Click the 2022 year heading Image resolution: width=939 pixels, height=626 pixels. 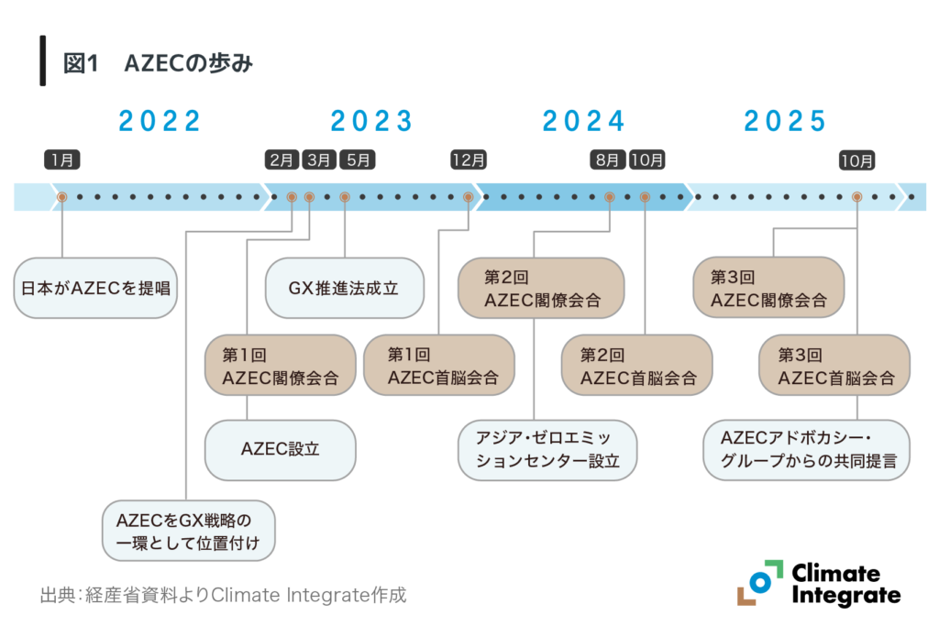(x=160, y=121)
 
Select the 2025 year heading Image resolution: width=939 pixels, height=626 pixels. (x=785, y=121)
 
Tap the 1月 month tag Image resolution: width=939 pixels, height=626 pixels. (x=62, y=159)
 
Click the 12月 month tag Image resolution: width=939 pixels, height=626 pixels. (x=469, y=159)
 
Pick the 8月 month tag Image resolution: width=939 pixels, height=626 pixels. (x=609, y=159)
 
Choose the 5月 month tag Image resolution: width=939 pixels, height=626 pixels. (x=358, y=159)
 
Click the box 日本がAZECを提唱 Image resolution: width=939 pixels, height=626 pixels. (x=95, y=288)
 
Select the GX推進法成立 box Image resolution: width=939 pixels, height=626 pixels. (x=344, y=288)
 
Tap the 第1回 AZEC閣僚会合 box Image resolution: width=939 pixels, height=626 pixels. (x=280, y=365)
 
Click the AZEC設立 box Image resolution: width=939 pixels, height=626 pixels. (x=280, y=450)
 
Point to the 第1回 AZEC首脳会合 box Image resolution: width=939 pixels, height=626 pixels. (x=438, y=365)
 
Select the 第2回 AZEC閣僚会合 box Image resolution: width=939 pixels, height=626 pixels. (x=541, y=288)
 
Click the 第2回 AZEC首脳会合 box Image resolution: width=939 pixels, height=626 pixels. (x=636, y=365)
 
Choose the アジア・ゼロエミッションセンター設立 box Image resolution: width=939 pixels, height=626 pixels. (x=547, y=450)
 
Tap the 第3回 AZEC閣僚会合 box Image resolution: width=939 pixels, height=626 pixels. (x=768, y=288)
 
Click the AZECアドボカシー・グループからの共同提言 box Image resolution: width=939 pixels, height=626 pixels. (x=806, y=450)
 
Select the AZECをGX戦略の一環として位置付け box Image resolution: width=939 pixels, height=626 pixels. (x=187, y=531)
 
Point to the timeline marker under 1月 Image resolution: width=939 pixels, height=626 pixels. (x=62, y=197)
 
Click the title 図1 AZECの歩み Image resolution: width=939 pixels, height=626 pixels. (x=156, y=63)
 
